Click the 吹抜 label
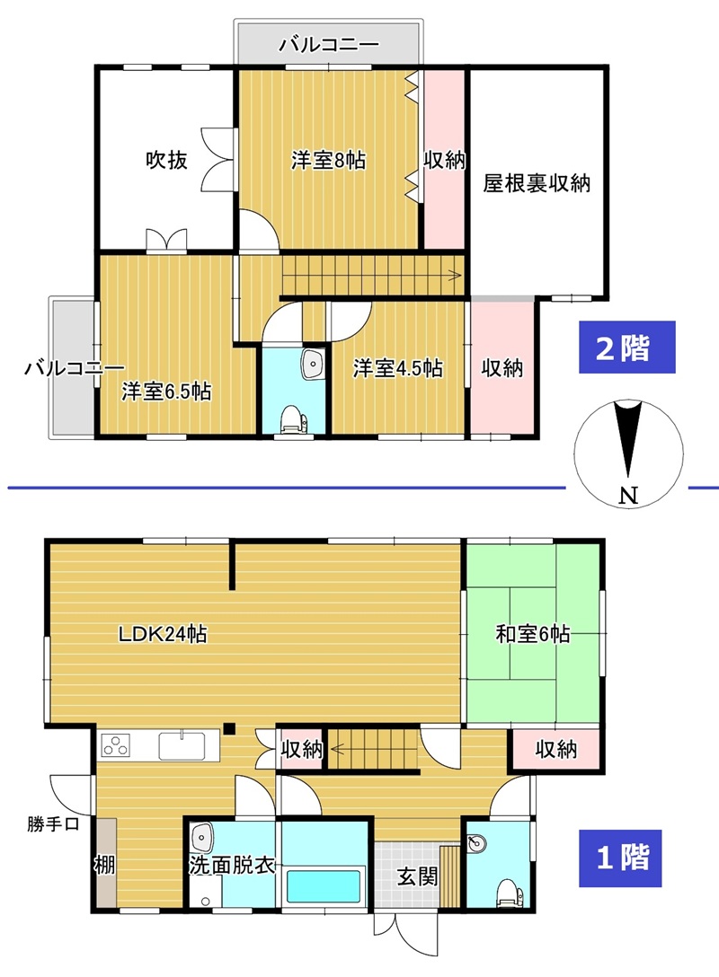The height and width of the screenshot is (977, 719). tap(166, 160)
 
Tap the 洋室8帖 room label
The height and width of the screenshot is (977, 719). tap(328, 161)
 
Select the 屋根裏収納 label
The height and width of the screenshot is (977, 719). tap(537, 183)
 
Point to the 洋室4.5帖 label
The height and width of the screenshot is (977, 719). tap(398, 367)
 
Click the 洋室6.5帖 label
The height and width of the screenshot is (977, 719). tap(166, 392)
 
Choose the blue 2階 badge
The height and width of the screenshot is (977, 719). tap(626, 347)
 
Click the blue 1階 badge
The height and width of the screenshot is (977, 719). tap(620, 858)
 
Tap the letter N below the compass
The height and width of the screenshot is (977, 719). tap(629, 496)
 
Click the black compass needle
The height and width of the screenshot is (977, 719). tap(627, 440)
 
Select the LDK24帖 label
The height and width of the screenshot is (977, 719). tap(163, 634)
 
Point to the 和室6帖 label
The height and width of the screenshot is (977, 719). tap(533, 634)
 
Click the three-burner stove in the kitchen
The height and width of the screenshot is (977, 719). tap(117, 745)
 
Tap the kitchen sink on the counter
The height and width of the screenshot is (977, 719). tap(182, 746)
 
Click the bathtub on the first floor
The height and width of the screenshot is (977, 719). tap(324, 886)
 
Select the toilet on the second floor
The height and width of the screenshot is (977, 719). tap(291, 418)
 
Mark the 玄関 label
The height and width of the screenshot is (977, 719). tap(417, 876)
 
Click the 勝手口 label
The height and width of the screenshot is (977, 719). tap(53, 824)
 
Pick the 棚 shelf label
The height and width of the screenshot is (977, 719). tap(105, 864)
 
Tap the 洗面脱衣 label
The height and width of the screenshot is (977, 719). tap(232, 865)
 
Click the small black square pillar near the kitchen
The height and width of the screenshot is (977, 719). tap(229, 727)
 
